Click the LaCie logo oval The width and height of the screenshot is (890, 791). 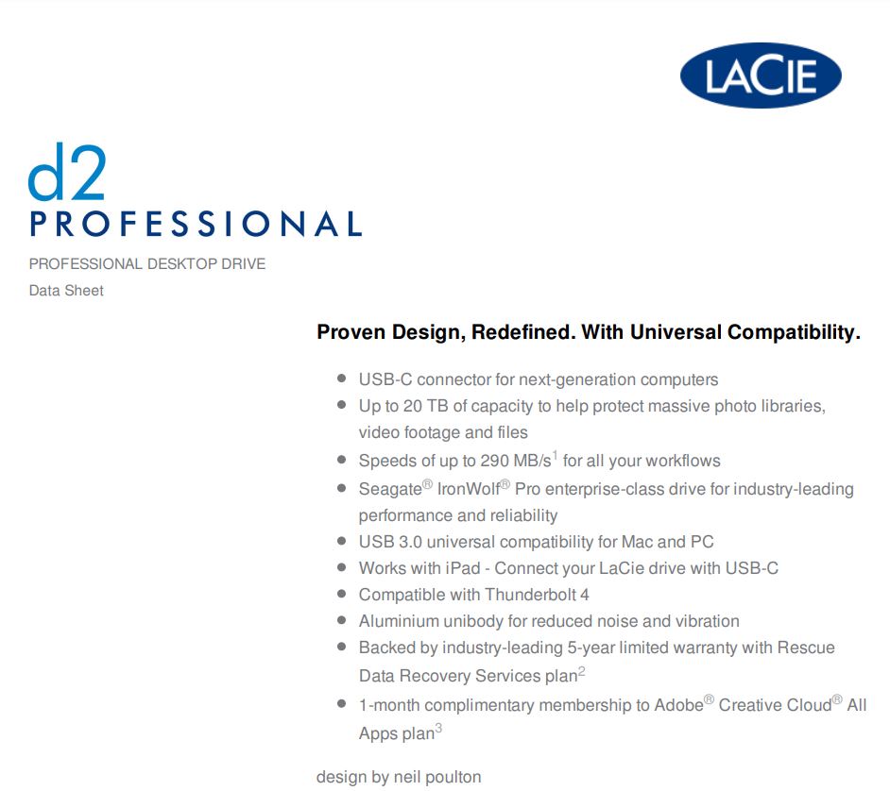761,76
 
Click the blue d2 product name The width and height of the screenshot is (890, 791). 67,172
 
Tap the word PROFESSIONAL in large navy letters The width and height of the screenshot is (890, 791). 196,224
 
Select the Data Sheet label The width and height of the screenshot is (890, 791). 66,291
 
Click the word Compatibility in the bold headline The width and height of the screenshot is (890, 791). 794,332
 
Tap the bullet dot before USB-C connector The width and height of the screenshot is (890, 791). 342,378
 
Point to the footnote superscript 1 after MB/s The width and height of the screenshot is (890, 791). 556,455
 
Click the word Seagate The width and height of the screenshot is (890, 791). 390,489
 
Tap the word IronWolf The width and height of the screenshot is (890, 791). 469,489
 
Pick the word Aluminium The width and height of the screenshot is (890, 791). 399,621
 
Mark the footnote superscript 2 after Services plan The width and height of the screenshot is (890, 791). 582,671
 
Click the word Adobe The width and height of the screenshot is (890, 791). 679,705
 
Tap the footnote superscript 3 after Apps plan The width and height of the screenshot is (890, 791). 438,728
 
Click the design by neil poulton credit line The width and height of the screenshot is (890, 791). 399,777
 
